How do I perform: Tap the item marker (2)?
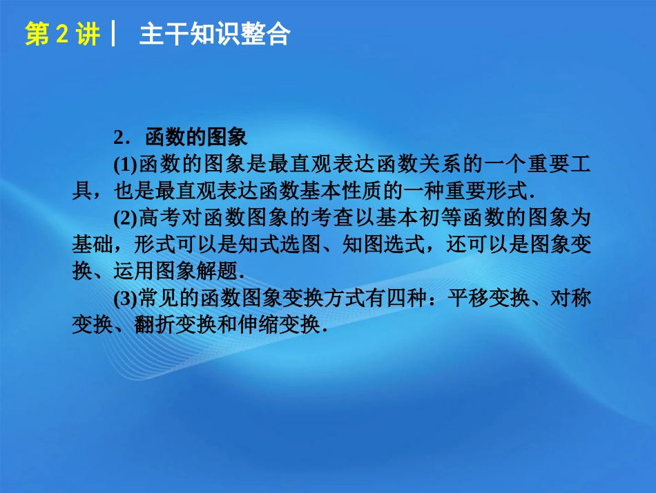pos(126,219)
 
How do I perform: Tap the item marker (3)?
pos(126,298)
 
